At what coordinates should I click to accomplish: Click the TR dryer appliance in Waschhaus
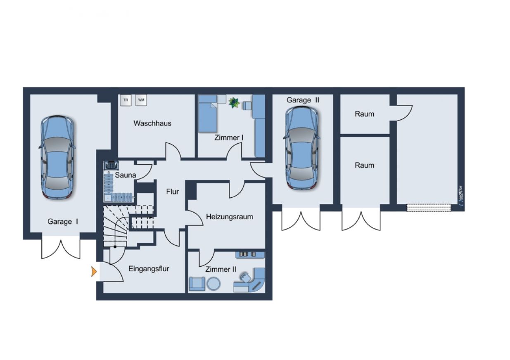[x=126, y=100]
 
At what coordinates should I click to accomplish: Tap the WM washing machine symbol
[x=141, y=100]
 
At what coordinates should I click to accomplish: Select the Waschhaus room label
[x=152, y=123]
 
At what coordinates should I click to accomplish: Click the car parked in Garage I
[x=57, y=157]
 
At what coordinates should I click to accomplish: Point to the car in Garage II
[x=302, y=148]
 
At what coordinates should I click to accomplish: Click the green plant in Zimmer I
[x=234, y=103]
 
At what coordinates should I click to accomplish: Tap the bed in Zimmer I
[x=207, y=114]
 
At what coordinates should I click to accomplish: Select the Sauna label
[x=126, y=175]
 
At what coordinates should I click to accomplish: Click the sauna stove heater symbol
[x=111, y=166]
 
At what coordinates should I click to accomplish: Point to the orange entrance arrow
[x=94, y=272]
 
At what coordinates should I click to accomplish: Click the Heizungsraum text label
[x=230, y=217]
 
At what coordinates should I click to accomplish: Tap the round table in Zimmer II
[x=213, y=284]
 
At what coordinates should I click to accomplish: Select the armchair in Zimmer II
[x=197, y=284]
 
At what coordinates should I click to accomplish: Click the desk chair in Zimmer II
[x=245, y=277]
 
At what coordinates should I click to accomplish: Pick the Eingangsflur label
[x=149, y=269]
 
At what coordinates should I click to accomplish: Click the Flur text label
[x=172, y=192]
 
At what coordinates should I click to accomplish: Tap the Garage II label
[x=303, y=100]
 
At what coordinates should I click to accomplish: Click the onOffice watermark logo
[x=460, y=196]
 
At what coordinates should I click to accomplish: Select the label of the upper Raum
[x=364, y=114]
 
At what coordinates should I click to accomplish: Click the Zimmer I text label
[x=229, y=137]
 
